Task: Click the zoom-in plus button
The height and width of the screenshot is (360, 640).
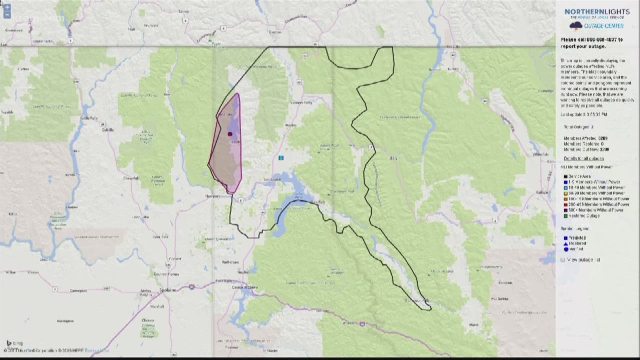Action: (x=7, y=7)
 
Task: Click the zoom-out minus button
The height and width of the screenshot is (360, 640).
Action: (x=7, y=15)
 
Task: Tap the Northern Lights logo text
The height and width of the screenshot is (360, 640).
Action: (x=597, y=12)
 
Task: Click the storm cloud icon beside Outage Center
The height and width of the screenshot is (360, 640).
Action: (x=576, y=26)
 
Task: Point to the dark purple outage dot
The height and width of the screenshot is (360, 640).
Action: (x=230, y=134)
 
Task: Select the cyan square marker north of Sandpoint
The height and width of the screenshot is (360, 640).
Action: (x=281, y=158)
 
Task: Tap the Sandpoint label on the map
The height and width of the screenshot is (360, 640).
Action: (x=272, y=180)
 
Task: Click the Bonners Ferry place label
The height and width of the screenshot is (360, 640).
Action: (x=301, y=103)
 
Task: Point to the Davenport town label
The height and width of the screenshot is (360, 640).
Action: (x=79, y=291)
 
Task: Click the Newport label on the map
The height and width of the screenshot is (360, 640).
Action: (x=212, y=196)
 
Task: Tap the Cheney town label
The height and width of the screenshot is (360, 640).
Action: (x=148, y=320)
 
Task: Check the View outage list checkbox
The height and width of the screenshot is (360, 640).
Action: (x=563, y=260)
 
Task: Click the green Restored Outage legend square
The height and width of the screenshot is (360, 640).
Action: (x=566, y=216)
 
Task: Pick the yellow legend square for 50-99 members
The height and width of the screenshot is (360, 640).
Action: (x=566, y=193)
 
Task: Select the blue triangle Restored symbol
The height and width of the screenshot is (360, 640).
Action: (x=566, y=244)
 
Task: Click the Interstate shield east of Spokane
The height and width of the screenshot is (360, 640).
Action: (x=192, y=286)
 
